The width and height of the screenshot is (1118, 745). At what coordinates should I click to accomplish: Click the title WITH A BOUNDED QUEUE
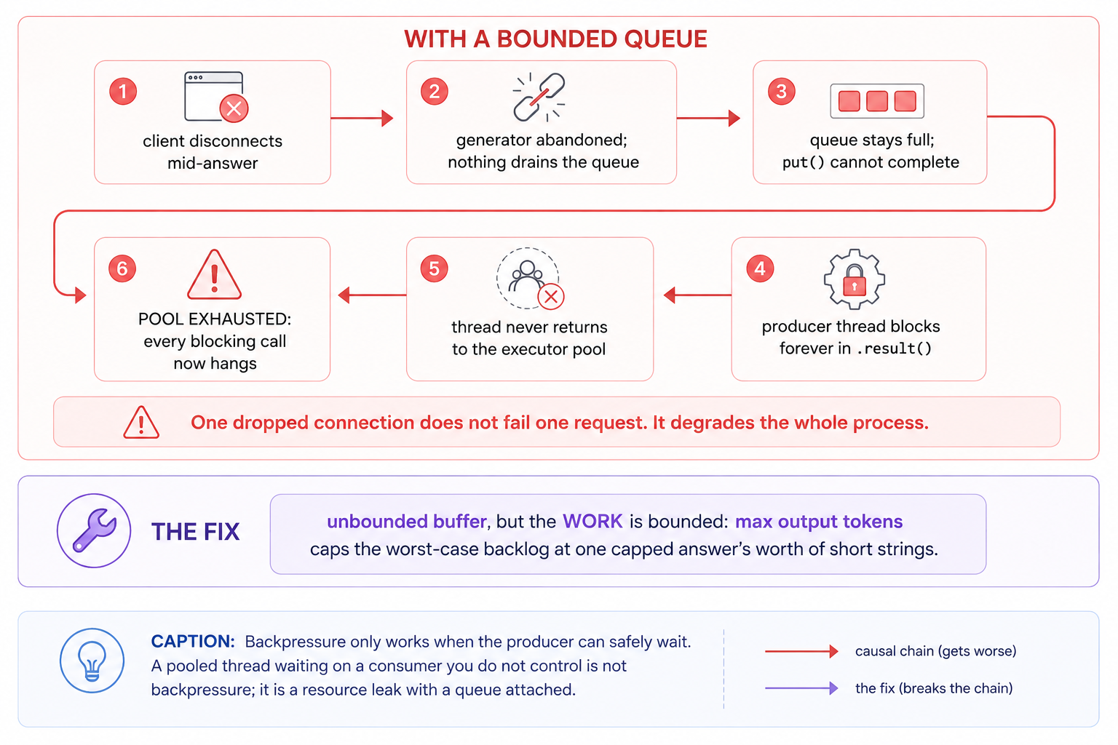click(x=555, y=39)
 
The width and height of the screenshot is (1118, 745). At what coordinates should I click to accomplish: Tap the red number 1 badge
click(x=123, y=92)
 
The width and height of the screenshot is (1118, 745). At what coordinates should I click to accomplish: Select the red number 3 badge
click(x=781, y=92)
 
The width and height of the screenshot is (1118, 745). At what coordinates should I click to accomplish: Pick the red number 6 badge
click(x=122, y=268)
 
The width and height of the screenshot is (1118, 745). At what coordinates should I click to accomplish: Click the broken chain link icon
click(x=539, y=97)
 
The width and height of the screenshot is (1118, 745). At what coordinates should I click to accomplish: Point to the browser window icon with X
click(x=216, y=97)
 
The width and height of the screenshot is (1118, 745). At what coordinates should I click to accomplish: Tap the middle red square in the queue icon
click(x=877, y=101)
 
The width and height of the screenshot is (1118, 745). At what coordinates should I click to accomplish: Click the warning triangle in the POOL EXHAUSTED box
click(x=214, y=275)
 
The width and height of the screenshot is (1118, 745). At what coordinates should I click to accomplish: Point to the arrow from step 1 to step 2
click(x=362, y=119)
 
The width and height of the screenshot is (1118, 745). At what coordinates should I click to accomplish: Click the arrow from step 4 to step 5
click(x=697, y=295)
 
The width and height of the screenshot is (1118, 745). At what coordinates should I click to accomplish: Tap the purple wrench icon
click(x=95, y=530)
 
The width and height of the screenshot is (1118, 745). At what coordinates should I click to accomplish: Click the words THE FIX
click(x=196, y=531)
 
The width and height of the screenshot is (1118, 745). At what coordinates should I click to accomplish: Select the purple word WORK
click(x=592, y=521)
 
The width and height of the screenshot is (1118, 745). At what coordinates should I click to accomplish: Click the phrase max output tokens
click(x=819, y=522)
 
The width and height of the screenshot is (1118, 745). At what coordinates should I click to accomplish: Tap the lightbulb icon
click(x=92, y=660)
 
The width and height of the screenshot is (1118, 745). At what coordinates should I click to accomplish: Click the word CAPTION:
click(x=193, y=641)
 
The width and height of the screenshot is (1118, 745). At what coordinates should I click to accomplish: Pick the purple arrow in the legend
click(x=801, y=688)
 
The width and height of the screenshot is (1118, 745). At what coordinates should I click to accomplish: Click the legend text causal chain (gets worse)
click(x=935, y=651)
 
